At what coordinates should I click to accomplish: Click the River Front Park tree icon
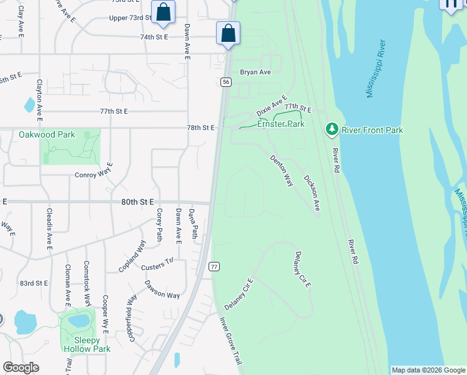(332, 130)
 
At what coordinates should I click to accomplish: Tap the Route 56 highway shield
(226, 82)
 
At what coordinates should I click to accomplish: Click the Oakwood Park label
(47, 134)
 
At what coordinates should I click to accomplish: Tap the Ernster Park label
(280, 124)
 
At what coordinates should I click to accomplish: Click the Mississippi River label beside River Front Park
(376, 69)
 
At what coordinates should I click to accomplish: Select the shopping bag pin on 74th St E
(229, 33)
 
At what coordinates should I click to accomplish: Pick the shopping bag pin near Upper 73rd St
(163, 12)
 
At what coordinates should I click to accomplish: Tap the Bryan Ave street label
(255, 72)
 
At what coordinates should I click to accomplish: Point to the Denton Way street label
(281, 171)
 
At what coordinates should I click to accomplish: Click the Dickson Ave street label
(311, 192)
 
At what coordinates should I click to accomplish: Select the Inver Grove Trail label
(230, 341)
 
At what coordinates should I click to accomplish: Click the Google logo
(21, 367)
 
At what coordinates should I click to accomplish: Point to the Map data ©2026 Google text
(428, 370)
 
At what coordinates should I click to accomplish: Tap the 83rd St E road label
(34, 283)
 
